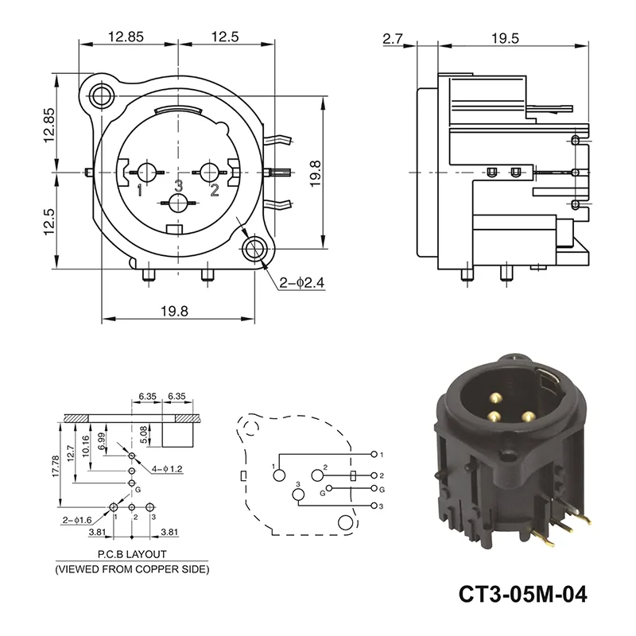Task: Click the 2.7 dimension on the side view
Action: tap(392, 38)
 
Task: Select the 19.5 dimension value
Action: tap(505, 38)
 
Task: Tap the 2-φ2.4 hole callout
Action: tap(302, 282)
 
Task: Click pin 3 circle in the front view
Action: tap(178, 203)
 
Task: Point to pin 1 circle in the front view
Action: tap(147, 173)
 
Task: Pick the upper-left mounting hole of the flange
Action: tap(101, 97)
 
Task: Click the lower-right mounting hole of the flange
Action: tap(254, 249)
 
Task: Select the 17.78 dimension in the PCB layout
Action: tap(56, 466)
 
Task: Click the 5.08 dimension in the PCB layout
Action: tap(143, 434)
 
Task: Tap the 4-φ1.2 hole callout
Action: tap(167, 469)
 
